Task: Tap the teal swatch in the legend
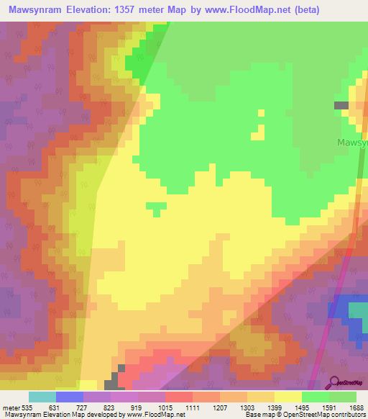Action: coord(42,397)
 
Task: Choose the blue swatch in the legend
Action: coord(69,397)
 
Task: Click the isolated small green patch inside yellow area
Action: coord(155,208)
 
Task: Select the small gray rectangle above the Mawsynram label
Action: coord(341,105)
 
